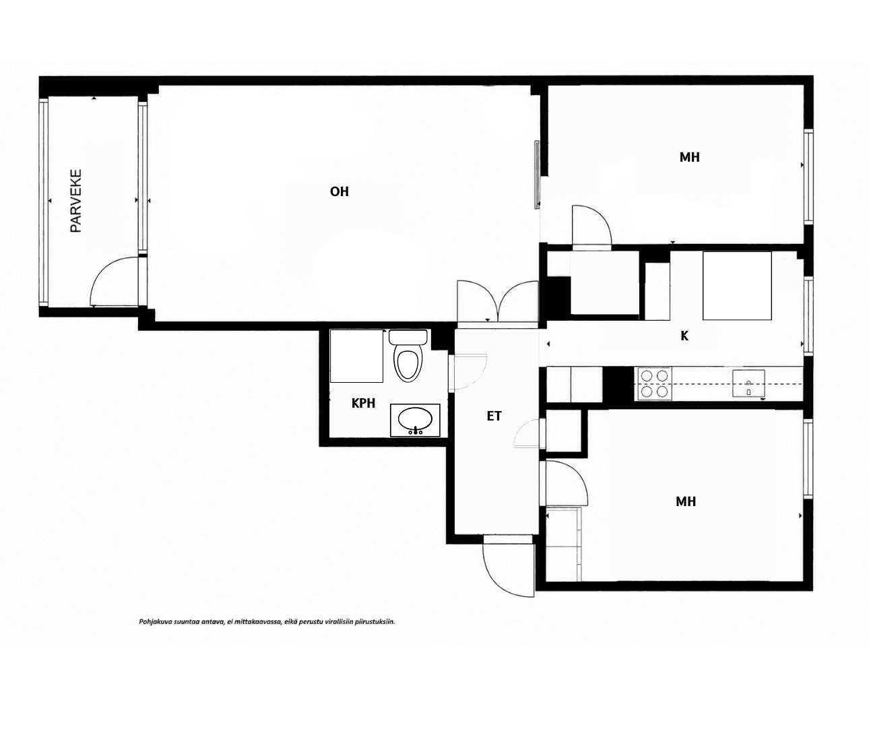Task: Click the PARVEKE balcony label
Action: pyautogui.click(x=75, y=201)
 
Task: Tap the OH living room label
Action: pyautogui.click(x=340, y=192)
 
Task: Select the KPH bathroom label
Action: pyautogui.click(x=363, y=403)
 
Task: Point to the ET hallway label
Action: pyautogui.click(x=494, y=416)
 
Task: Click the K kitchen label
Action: pyautogui.click(x=684, y=336)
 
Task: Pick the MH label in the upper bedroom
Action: pyautogui.click(x=690, y=157)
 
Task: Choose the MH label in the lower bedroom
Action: pyautogui.click(x=686, y=501)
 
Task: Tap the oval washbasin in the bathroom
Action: pyautogui.click(x=415, y=420)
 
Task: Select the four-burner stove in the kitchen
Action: pyautogui.click(x=655, y=383)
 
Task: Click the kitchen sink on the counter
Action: pyautogui.click(x=748, y=383)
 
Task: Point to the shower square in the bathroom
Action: pyautogui.click(x=356, y=356)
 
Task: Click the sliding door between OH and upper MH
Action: pyautogui.click(x=537, y=175)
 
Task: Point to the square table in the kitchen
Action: pyautogui.click(x=737, y=286)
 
